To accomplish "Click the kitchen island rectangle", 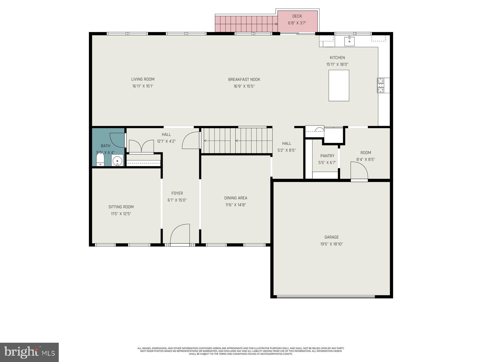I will coord(339,85).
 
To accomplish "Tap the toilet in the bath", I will coord(100,160).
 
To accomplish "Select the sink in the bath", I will coord(117,160).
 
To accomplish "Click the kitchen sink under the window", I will coord(349,41).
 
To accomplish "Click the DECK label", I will coord(297,16).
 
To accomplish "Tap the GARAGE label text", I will coord(331,237).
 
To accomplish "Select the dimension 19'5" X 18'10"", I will coord(331,244).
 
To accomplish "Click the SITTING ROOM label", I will coord(121,207).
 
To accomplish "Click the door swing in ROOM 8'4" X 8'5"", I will coord(359,170).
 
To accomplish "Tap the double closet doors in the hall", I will coord(141,146).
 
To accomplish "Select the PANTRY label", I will coord(327,156).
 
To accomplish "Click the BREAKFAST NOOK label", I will coord(244,80).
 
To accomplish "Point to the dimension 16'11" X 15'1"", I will coord(143,86).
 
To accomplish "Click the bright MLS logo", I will coord(29,352).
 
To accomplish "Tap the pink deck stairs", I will coord(246,24).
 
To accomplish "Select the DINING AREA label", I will coord(236,198).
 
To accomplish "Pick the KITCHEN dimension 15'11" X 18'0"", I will coord(337,64).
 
